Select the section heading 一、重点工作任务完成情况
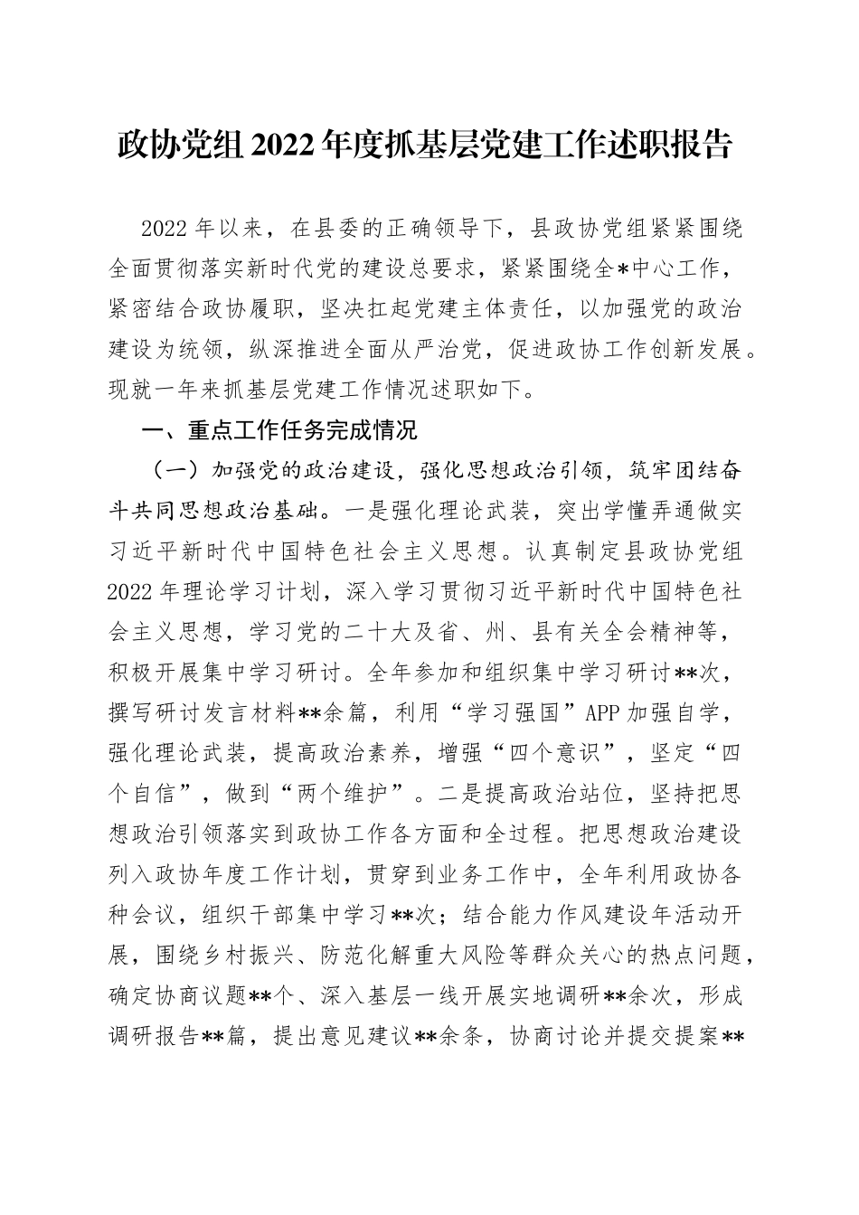point(280,430)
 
